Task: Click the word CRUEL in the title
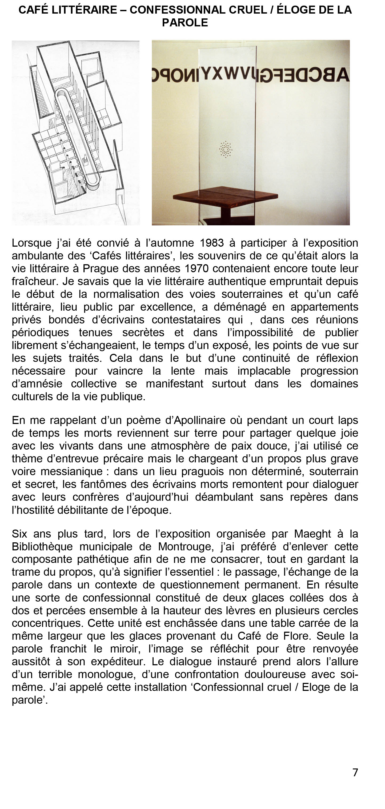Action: [248, 10]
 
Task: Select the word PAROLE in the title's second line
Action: [185, 23]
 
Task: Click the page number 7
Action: [355, 772]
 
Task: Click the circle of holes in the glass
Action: [225, 149]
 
